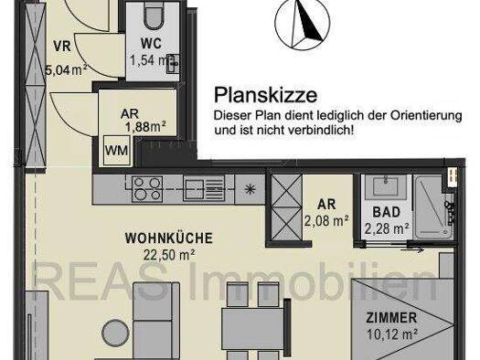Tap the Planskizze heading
click(265, 95)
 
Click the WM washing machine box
click(116, 151)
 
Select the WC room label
click(151, 44)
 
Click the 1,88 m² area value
click(145, 127)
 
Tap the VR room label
click(62, 47)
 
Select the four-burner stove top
click(147, 189)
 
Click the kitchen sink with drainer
click(204, 188)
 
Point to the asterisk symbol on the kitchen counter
click(251, 189)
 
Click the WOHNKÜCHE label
click(168, 238)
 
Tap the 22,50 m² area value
click(169, 255)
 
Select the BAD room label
click(387, 212)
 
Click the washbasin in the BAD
click(386, 186)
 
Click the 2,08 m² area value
click(326, 220)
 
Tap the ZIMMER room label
click(391, 318)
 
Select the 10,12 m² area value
click(392, 334)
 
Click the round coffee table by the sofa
click(116, 334)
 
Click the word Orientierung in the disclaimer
click(425, 116)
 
